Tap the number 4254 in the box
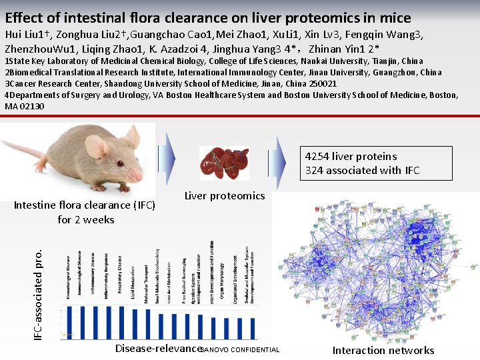click(317, 156)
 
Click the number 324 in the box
click(317, 170)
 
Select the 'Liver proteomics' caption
click(224, 195)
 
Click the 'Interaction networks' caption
click(383, 350)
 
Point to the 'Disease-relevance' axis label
click(157, 348)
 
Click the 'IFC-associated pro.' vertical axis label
click(40, 293)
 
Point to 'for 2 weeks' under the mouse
click(86, 219)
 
